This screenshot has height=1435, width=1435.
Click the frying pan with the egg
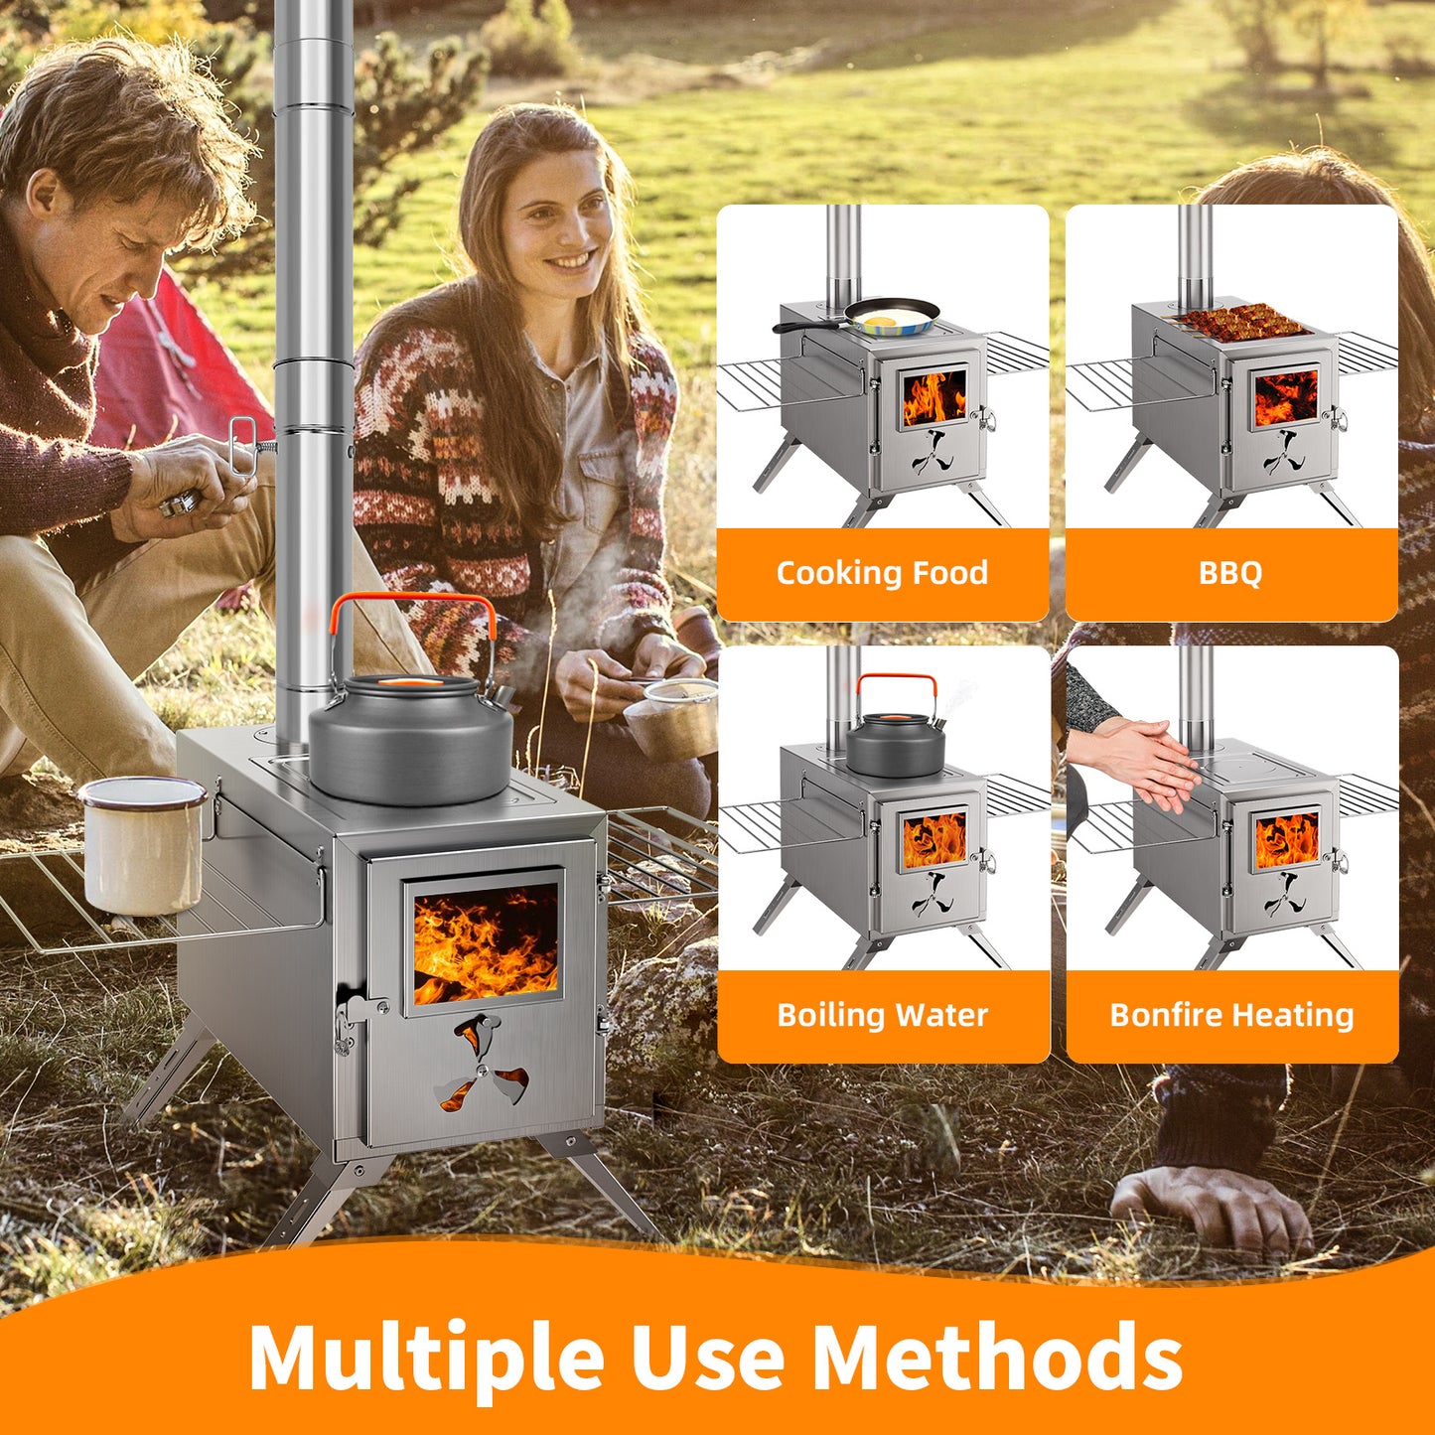tap(865, 317)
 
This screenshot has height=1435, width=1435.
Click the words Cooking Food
tap(882, 573)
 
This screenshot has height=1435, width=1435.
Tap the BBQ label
tap(1231, 573)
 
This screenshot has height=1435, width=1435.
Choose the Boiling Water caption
tap(883, 1015)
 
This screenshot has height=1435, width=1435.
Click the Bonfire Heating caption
tap(1231, 1015)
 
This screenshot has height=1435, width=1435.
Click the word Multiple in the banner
tap(426, 1354)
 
